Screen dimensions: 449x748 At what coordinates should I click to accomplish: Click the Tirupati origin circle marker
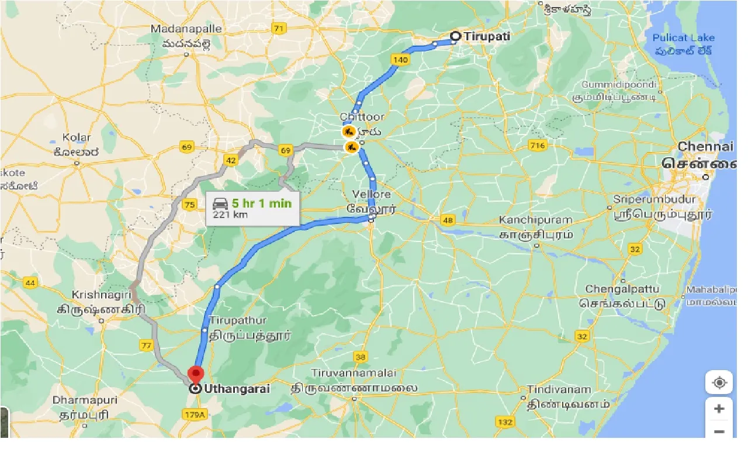click(456, 36)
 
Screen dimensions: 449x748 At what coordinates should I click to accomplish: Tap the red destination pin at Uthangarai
click(195, 373)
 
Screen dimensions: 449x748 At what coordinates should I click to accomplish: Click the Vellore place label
click(372, 194)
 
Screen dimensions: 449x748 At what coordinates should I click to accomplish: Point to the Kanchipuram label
click(535, 220)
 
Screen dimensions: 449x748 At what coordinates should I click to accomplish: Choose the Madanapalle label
click(186, 29)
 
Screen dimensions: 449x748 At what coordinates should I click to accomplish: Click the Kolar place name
click(77, 138)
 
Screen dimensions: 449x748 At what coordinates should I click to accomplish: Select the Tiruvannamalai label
click(354, 373)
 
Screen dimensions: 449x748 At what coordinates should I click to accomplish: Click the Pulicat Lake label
click(683, 38)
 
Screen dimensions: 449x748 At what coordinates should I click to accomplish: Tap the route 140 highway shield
click(400, 60)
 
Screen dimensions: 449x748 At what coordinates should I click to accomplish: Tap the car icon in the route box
click(220, 203)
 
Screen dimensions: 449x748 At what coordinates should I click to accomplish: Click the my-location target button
click(719, 383)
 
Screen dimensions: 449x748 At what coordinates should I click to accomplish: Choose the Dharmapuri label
click(85, 400)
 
